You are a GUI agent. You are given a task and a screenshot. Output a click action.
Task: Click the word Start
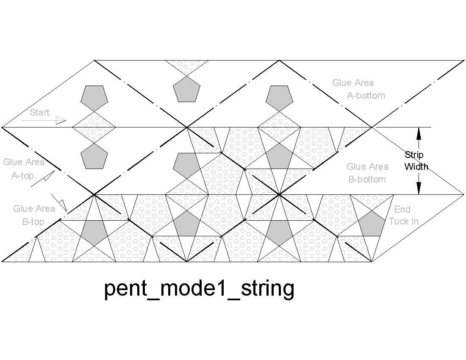[39, 112]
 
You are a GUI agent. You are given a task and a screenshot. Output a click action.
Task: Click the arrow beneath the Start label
[44, 121]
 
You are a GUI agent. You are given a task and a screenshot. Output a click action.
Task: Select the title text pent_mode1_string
[199, 289]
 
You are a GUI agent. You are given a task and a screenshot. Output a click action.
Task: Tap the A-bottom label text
[366, 95]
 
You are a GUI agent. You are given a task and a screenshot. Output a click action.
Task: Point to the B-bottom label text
[367, 179]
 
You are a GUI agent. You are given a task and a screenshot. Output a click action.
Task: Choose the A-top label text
[22, 175]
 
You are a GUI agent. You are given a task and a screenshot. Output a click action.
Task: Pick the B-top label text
[33, 222]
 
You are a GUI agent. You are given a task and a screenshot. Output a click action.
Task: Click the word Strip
[414, 155]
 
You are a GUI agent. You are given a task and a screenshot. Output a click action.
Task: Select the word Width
[416, 166]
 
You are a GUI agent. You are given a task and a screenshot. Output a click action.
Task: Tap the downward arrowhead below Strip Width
[419, 188]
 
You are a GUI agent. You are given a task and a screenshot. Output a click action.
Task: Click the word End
[402, 209]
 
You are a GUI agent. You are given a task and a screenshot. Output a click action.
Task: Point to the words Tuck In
[404, 221]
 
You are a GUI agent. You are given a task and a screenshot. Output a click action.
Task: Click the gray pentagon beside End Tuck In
[369, 224]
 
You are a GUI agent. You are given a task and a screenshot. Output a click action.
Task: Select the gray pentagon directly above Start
[94, 95]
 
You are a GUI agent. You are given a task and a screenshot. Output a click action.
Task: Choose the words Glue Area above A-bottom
[353, 83]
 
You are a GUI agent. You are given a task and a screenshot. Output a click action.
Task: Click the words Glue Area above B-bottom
[367, 167]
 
